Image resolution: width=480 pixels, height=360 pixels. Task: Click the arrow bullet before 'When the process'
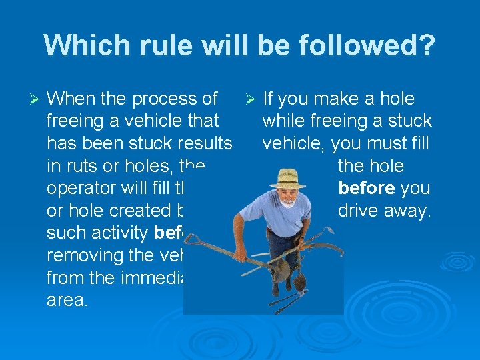click(x=37, y=99)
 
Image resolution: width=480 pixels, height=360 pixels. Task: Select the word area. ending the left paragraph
click(x=67, y=299)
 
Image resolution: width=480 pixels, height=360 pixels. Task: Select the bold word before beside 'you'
click(x=366, y=188)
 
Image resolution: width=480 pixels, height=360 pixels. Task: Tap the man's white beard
click(x=287, y=203)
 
